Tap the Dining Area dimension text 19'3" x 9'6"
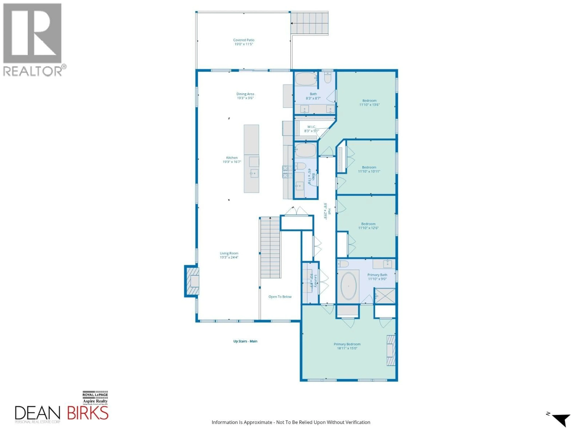[x=245, y=98]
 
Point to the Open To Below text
[x=280, y=297]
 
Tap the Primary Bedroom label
[x=347, y=344]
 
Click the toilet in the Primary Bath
[x=343, y=264]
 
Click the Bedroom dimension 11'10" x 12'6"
[x=368, y=228]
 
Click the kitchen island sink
[x=254, y=173]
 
